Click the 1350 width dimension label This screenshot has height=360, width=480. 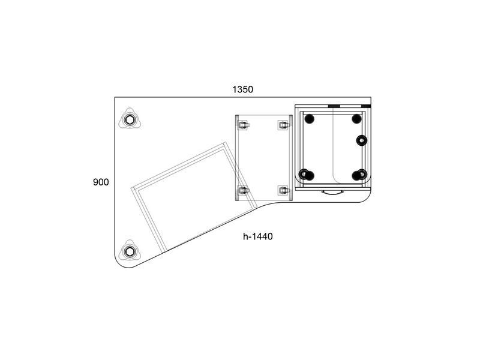243,89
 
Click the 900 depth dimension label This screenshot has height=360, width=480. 101,182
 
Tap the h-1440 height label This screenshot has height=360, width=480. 258,236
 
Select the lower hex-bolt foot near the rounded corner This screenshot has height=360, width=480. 130,252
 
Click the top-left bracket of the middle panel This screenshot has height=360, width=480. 243,125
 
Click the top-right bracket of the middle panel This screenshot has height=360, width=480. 284,125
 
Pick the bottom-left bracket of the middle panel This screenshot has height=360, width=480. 243,190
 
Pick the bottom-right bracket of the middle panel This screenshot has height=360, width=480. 284,190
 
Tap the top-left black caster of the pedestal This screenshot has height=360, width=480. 309,119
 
